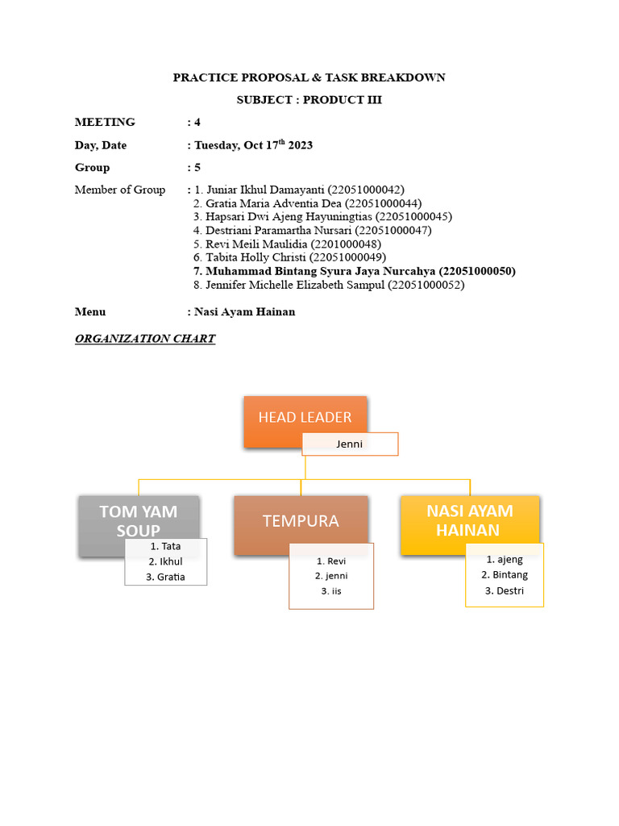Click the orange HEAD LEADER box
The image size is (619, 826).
305,417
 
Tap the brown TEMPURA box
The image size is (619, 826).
301,521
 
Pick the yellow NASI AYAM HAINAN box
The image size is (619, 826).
469,520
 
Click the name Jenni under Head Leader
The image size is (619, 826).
350,444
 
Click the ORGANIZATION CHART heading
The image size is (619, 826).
145,339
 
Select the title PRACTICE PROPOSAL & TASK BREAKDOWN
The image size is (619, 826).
309,77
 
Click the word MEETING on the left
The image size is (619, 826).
105,123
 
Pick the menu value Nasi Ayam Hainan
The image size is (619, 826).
245,312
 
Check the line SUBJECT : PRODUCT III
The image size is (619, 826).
309,100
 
